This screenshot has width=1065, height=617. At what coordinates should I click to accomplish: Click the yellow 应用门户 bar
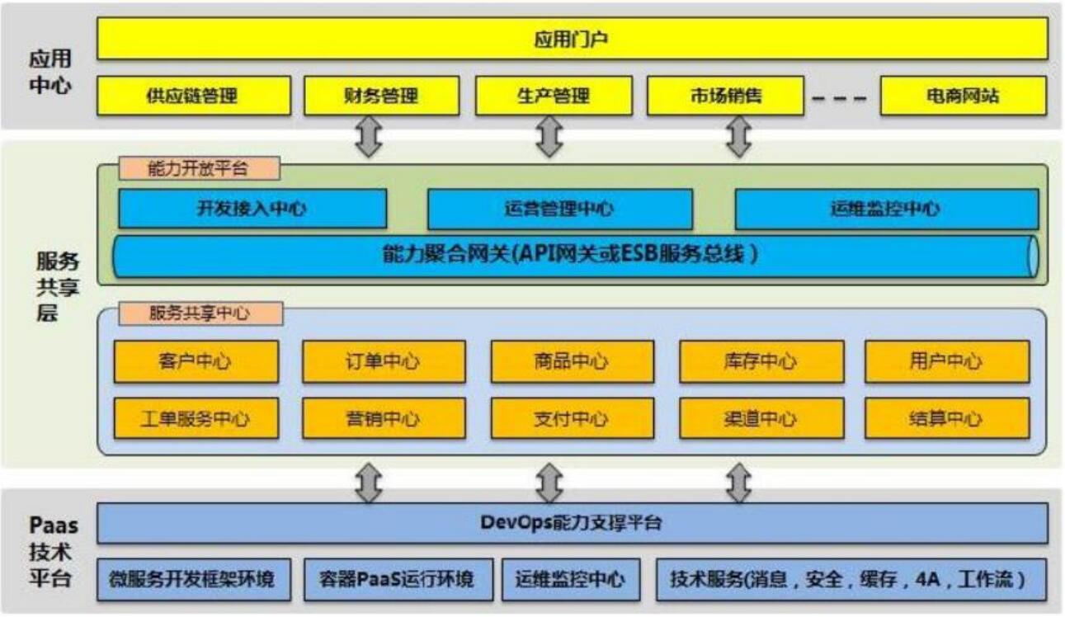(x=573, y=39)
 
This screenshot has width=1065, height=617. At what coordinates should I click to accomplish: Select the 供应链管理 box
(x=194, y=96)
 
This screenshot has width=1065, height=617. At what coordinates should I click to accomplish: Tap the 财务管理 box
(x=382, y=96)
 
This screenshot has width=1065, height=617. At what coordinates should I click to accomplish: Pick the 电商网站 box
(x=964, y=96)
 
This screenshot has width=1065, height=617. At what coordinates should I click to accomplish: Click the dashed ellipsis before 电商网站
(x=840, y=98)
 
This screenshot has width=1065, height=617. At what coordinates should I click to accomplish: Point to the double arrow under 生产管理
(x=549, y=136)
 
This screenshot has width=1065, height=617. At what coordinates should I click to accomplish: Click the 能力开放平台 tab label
(x=199, y=168)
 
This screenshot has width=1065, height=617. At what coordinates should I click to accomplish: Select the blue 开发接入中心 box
(x=252, y=209)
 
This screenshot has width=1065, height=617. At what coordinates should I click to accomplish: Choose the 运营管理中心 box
(x=559, y=209)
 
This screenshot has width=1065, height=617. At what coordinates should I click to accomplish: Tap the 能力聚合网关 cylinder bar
(x=575, y=257)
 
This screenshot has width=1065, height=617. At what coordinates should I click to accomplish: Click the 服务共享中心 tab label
(x=200, y=313)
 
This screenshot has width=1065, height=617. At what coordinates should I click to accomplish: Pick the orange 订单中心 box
(x=384, y=361)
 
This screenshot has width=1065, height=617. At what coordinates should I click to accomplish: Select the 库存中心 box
(x=761, y=361)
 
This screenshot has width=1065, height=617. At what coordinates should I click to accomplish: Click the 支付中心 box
(x=573, y=418)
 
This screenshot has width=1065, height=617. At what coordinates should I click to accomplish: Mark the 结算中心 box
(x=947, y=418)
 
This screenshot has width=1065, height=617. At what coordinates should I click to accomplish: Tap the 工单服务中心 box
(x=196, y=418)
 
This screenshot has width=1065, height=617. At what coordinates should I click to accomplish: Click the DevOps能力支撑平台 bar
(x=573, y=523)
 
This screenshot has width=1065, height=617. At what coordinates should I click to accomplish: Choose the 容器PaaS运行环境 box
(x=398, y=579)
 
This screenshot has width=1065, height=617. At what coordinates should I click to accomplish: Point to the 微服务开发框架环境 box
(x=194, y=579)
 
